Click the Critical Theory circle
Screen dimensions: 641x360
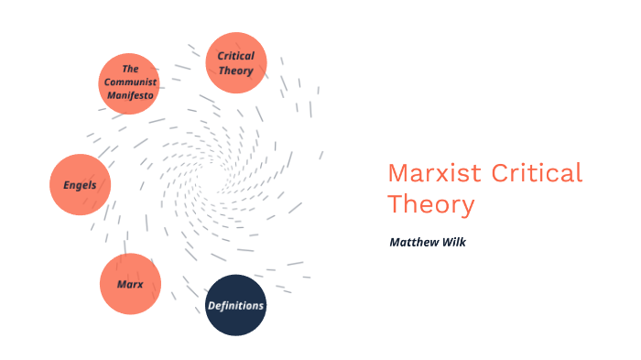coord(235,63)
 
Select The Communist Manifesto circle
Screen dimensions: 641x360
coord(129,82)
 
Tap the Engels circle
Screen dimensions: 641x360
coord(80,184)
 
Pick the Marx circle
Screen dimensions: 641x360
coord(130,284)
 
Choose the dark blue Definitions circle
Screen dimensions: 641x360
coord(235,305)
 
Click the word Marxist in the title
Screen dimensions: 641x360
coord(435,173)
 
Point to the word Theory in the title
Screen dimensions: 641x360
coord(430,203)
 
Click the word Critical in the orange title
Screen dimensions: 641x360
coord(538,173)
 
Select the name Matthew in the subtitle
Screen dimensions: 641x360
coord(415,243)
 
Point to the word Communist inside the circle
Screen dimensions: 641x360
coord(129,82)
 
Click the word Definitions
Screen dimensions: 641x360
coord(235,305)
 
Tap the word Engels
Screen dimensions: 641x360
coord(80,184)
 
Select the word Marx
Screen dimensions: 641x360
coord(130,284)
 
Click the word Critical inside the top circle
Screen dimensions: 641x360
coord(235,56)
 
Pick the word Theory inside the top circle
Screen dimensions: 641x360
coord(235,71)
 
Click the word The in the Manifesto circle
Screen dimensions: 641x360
coord(129,69)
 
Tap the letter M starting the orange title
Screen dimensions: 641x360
coord(397,173)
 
